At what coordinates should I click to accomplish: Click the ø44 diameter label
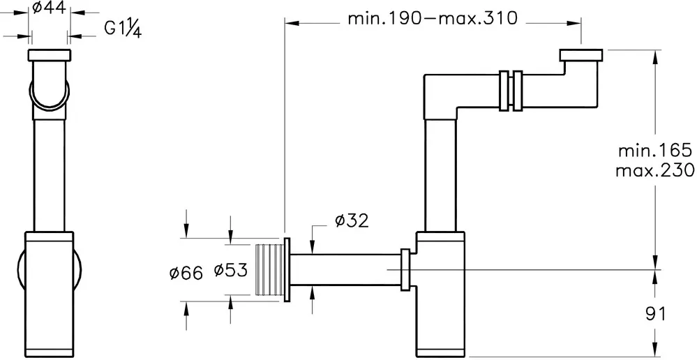[x=50, y=8]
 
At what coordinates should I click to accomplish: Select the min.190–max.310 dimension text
[x=433, y=19]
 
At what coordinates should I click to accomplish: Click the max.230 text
[x=655, y=170]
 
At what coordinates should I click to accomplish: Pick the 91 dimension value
[x=656, y=314]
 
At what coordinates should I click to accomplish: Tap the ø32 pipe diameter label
[x=352, y=220]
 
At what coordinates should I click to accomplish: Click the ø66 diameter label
[x=186, y=273]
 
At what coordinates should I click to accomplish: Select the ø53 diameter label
[x=230, y=270]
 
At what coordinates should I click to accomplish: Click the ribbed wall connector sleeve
[x=270, y=269]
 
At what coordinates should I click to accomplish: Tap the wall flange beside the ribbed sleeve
[x=287, y=269]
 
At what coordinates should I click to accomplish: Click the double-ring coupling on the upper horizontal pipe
[x=510, y=90]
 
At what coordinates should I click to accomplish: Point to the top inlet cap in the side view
[x=580, y=55]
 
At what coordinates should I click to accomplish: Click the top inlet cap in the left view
[x=50, y=54]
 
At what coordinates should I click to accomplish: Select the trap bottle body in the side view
[x=440, y=293]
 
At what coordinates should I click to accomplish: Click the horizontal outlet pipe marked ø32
[x=345, y=270]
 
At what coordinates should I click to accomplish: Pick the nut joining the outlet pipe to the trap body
[x=405, y=270]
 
